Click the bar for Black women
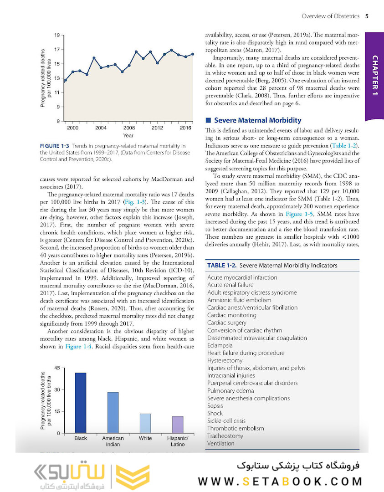81,402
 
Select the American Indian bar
113,412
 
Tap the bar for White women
145,423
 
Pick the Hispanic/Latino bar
178,424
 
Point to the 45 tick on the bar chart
57,368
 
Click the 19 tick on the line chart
57,35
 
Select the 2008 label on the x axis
129,128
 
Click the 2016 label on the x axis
185,128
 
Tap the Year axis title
128,136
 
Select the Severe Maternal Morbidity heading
257,120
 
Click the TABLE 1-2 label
221,265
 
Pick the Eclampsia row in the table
220,345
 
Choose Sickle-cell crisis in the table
226,421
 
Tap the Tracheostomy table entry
225,436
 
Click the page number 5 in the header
367,17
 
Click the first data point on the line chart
65,80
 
